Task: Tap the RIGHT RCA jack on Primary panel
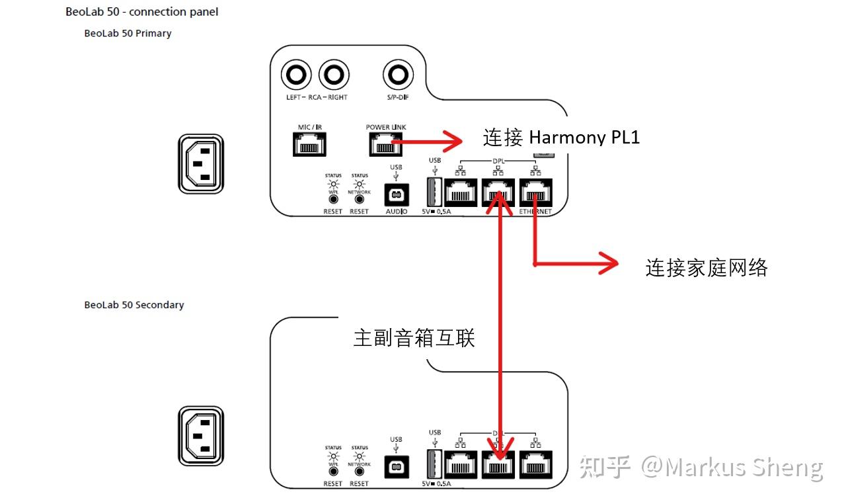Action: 334,76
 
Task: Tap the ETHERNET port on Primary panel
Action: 536,193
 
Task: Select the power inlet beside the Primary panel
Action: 201,164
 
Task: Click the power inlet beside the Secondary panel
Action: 201,436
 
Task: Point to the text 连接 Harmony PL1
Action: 561,138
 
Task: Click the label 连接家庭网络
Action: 706,267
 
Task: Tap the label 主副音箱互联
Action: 414,338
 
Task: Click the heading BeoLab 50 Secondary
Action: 134,305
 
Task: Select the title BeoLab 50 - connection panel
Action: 142,12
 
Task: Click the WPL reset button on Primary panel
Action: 333,199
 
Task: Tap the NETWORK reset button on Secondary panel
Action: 360,471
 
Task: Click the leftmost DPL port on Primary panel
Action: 461,193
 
